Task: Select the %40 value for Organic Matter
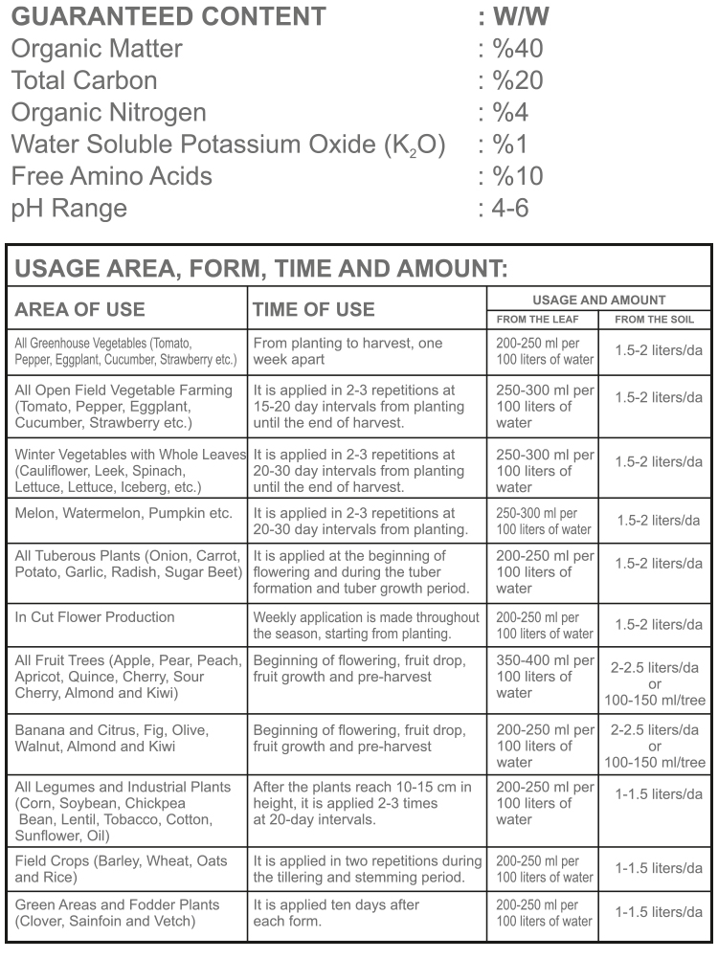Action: click(x=517, y=48)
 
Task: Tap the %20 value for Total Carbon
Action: click(x=517, y=80)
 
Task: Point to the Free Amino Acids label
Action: click(x=111, y=176)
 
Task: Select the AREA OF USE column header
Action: click(x=80, y=309)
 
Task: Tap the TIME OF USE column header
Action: click(x=313, y=309)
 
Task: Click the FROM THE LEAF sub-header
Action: click(x=543, y=320)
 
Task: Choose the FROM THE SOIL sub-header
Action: click(x=655, y=320)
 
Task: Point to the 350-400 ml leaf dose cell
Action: click(x=544, y=676)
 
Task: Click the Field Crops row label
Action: click(x=121, y=869)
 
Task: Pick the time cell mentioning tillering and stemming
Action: click(x=367, y=869)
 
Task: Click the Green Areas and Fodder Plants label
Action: click(x=117, y=912)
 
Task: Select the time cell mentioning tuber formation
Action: click(x=367, y=571)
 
